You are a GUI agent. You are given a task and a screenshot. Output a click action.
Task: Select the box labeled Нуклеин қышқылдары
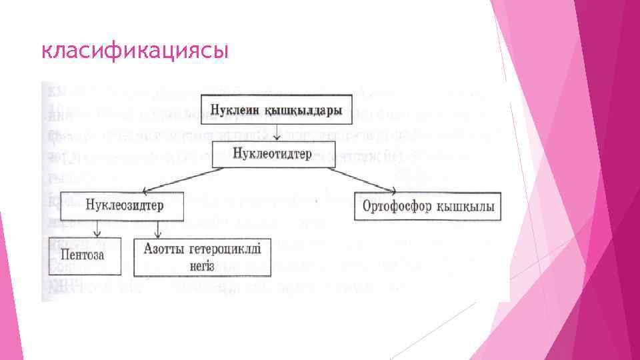(x=276, y=109)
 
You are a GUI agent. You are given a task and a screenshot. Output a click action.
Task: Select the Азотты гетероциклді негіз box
(x=203, y=257)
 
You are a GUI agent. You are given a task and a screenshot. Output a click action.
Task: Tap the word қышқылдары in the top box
(x=303, y=109)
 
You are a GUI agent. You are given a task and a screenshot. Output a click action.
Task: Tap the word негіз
(x=201, y=265)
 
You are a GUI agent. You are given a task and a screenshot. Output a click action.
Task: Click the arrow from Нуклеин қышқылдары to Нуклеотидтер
(x=275, y=132)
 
